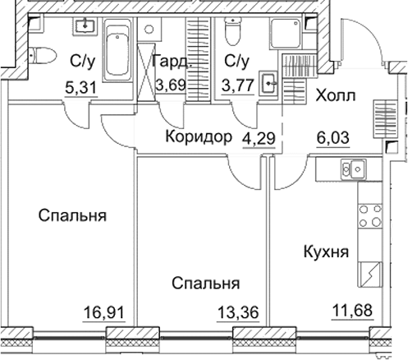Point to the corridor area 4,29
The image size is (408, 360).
258,136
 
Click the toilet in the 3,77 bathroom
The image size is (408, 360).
231,32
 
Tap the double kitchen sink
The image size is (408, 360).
358,170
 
